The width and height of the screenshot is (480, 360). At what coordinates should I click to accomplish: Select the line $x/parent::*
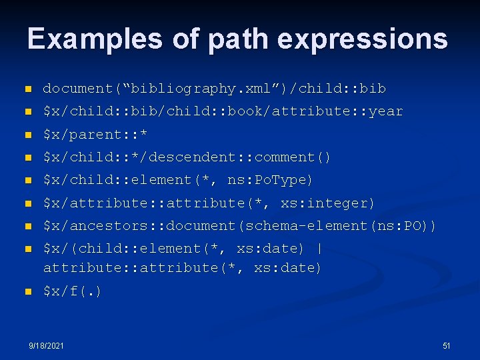click(95, 135)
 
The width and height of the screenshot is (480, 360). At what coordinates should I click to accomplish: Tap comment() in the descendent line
click(293, 157)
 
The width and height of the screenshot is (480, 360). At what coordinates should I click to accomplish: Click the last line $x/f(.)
click(73, 291)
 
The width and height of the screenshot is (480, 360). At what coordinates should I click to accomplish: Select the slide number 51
click(447, 346)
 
